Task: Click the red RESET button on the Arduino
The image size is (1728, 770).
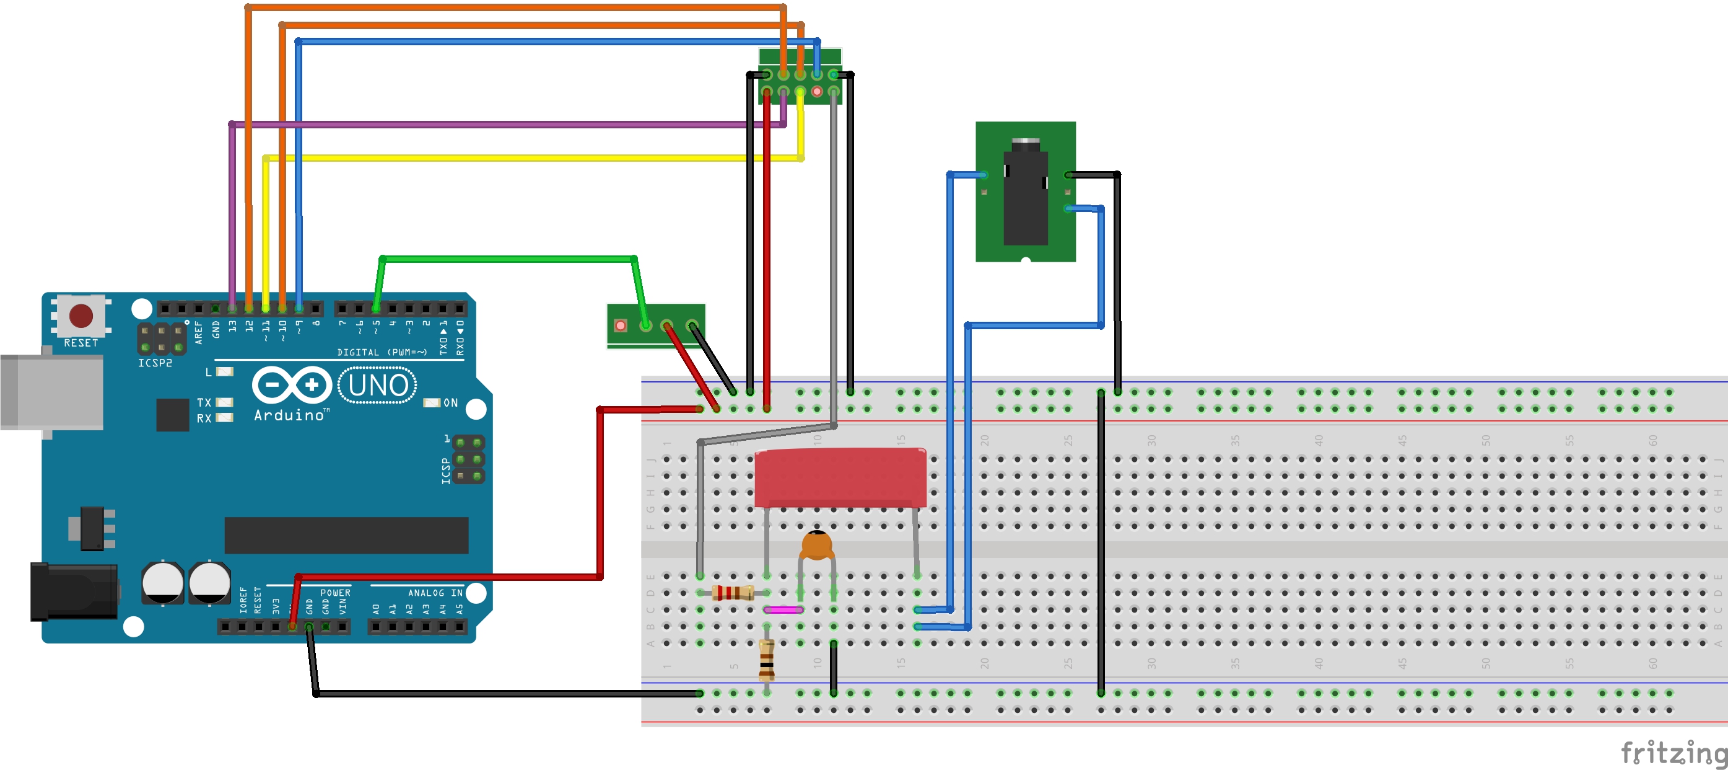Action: click(81, 316)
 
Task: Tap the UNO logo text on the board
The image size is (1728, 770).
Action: click(378, 386)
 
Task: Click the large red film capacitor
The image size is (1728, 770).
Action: click(840, 478)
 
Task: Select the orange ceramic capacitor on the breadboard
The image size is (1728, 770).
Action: click(816, 545)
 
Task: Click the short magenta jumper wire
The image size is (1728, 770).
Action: click(783, 610)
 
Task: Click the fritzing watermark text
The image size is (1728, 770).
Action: click(1672, 753)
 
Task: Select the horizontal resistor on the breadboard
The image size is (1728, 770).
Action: click(733, 593)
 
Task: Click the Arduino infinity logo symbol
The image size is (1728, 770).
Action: click(292, 386)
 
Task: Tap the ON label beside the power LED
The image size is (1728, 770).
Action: click(451, 403)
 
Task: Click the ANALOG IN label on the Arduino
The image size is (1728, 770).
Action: click(435, 593)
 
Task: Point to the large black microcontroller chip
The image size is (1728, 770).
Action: click(346, 535)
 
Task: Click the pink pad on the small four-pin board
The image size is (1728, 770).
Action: click(621, 325)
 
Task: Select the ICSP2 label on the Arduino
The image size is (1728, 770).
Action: click(155, 363)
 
